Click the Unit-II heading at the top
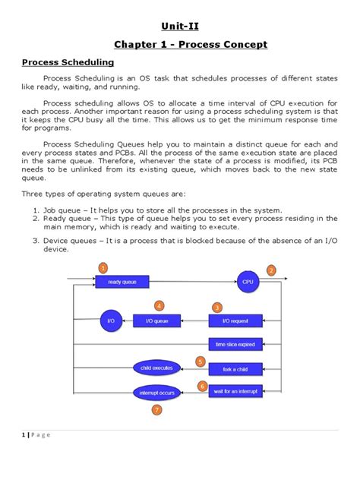click(179, 27)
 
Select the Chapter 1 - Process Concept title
click(179, 45)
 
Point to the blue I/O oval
click(111, 321)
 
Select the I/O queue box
click(156, 321)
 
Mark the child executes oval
click(156, 368)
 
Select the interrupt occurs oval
click(156, 393)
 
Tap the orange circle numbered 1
click(104, 267)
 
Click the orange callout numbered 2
click(271, 270)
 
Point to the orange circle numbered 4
click(159, 306)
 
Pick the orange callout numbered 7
click(156, 410)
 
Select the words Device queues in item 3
click(73, 241)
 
